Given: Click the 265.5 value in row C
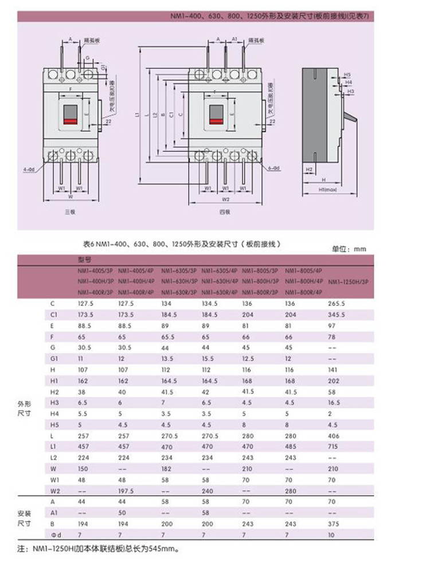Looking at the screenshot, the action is [335, 303].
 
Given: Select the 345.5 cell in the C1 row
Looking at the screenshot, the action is [335, 315].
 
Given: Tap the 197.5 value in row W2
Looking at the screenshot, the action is [126, 491].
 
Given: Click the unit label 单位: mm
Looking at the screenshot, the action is [349, 249].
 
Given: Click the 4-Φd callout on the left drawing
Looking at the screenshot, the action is [29, 170].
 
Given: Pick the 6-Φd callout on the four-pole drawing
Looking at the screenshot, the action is [273, 168].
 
